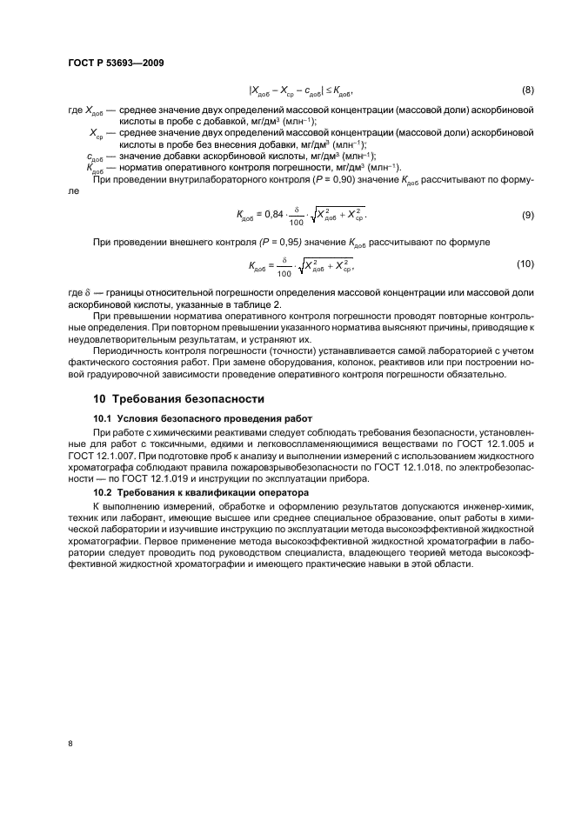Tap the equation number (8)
point(526,90)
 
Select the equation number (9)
point(526,214)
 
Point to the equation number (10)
point(525,264)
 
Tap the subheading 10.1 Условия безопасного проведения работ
point(195,418)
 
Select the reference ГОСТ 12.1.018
point(444,467)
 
